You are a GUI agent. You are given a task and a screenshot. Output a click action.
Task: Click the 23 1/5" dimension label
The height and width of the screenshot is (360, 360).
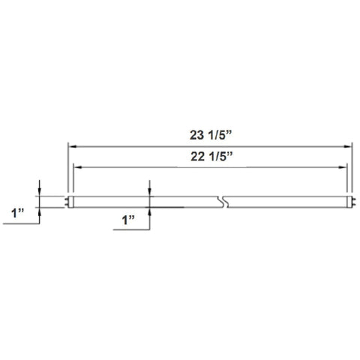point(211,135)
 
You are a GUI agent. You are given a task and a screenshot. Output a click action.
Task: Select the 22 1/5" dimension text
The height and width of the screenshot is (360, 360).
point(211,157)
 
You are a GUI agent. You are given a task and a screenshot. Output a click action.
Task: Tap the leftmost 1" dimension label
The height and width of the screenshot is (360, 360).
point(18,213)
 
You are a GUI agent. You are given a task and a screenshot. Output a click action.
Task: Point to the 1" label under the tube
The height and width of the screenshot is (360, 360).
point(128,220)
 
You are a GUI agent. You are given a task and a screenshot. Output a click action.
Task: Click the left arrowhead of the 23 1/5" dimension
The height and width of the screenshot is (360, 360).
point(72,146)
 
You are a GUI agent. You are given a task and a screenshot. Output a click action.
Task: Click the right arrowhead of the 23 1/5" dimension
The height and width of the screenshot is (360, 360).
point(348,146)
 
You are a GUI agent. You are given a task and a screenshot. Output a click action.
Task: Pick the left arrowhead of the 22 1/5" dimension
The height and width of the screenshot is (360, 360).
point(78,167)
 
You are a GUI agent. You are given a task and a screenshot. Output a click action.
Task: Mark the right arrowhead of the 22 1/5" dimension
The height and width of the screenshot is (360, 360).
point(342,167)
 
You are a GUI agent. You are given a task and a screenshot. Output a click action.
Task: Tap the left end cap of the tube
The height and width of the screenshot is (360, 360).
point(70,202)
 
